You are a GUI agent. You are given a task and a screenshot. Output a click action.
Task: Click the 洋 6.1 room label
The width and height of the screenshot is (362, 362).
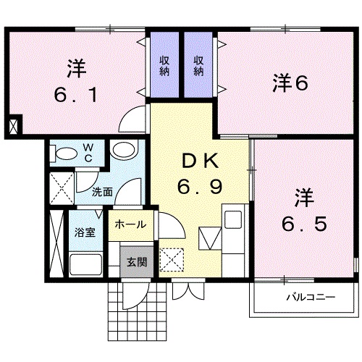pyautogui.click(x=76, y=82)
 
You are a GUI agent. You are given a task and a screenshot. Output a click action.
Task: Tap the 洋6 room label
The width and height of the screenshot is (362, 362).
pyautogui.click(x=290, y=83)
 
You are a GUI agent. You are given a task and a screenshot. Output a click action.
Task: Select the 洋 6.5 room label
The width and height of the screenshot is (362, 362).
pyautogui.click(x=303, y=210)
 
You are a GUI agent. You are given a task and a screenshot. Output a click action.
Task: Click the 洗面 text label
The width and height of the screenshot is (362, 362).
pyautogui.click(x=102, y=192)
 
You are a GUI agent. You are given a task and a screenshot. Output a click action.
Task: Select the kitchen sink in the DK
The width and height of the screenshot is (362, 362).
pyautogui.click(x=235, y=219)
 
